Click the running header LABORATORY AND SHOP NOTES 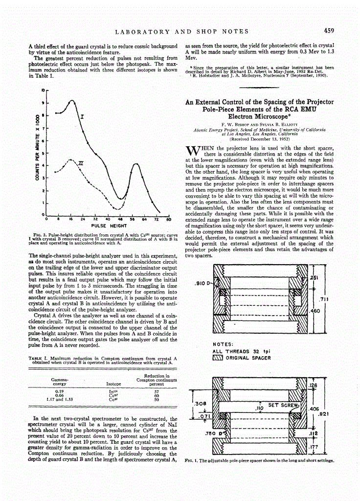[x=181, y=32]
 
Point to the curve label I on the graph [x=82, y=117]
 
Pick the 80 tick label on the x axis [x=168, y=220]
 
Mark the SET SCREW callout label [x=280, y=405]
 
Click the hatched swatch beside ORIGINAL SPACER [x=218, y=358]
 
